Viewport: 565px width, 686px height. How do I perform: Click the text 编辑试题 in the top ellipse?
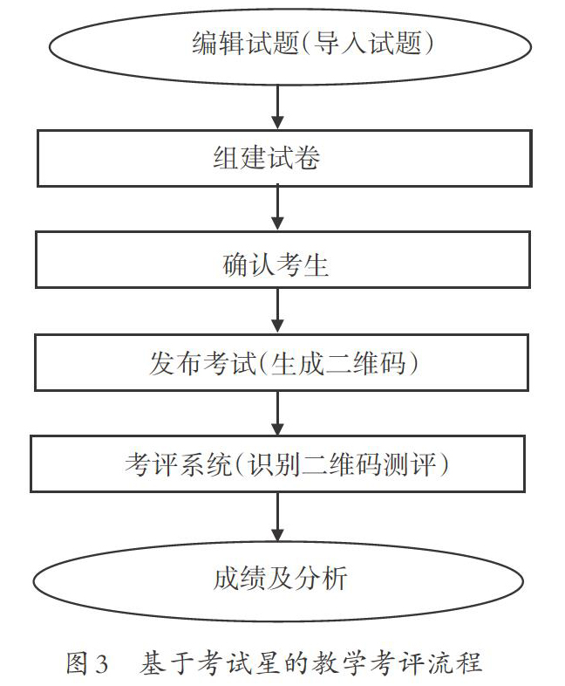pos(245,43)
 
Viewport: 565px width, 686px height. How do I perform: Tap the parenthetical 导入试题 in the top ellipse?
pos(367,43)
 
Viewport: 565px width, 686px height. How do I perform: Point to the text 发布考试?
pos(202,363)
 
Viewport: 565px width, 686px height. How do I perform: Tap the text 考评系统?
pos(178,464)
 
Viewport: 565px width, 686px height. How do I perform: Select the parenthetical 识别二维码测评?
pos(342,464)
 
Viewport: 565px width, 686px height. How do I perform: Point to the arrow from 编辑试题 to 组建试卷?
pos(278,106)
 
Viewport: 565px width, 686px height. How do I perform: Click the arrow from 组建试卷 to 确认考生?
pos(278,209)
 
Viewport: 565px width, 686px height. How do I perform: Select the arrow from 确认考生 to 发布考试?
pos(278,311)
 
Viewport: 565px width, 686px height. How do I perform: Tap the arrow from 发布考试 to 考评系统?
pos(278,413)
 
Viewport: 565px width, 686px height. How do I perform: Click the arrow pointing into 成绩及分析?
pos(278,517)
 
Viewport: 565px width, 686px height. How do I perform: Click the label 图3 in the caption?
pos(86,662)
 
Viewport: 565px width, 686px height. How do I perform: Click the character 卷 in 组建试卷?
pos(307,157)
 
